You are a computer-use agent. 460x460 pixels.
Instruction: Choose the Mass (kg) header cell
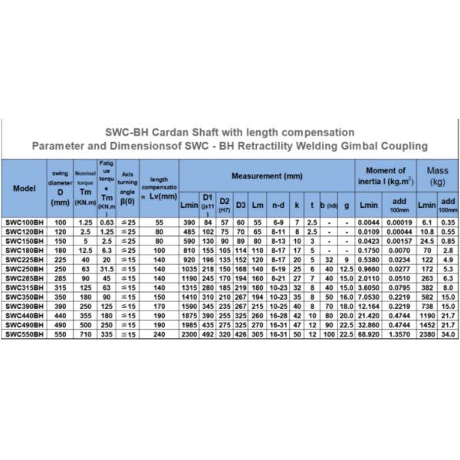tap(436, 176)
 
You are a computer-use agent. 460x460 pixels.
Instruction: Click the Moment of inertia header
tap(386, 176)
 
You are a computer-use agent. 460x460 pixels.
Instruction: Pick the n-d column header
tap(278, 205)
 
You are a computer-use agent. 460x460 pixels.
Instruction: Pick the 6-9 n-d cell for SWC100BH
tap(278, 221)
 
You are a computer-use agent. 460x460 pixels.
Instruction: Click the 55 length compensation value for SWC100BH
tap(159, 221)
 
